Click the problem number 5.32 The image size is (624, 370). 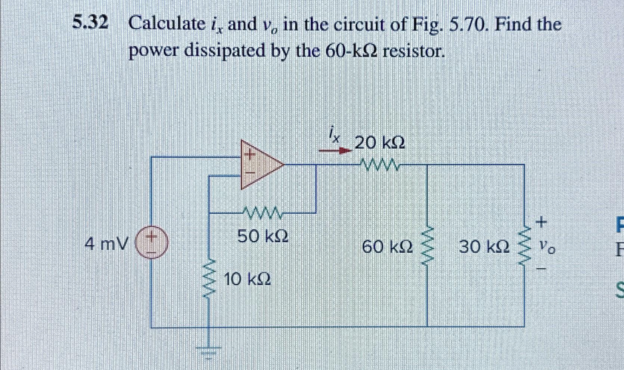[90, 24]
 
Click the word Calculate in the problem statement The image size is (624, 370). [167, 25]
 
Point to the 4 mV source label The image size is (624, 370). [106, 244]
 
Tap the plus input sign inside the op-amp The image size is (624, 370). [249, 153]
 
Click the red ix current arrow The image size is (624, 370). [335, 151]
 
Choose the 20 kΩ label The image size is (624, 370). [379, 143]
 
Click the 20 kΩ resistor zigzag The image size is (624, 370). [379, 164]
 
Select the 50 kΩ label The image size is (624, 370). [263, 236]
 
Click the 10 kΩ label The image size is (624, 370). [247, 279]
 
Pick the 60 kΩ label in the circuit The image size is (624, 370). [387, 247]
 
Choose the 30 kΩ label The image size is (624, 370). [484, 247]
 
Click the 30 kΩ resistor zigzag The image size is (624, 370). [525, 247]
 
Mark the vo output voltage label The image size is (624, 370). [547, 247]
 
